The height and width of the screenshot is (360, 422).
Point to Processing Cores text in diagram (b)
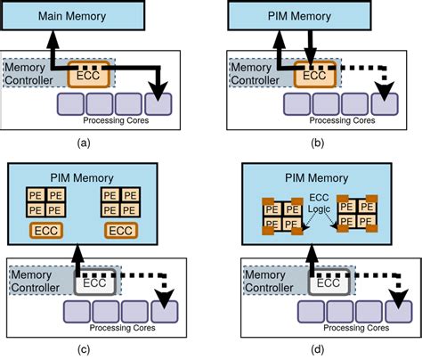(340, 120)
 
